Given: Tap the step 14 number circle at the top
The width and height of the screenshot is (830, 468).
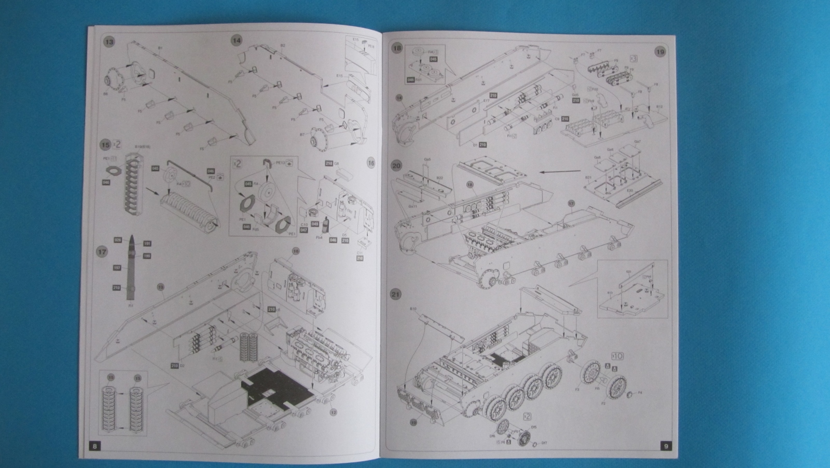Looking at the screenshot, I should coord(237,41).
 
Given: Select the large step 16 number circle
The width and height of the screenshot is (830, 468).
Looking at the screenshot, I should coord(370,163).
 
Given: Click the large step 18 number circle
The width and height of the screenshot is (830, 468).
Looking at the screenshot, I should coord(398,48).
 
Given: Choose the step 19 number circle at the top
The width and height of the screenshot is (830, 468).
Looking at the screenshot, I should coord(660,51).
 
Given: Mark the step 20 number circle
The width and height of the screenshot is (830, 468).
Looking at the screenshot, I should coord(397,166).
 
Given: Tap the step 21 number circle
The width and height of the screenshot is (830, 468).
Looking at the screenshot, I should coord(396,295).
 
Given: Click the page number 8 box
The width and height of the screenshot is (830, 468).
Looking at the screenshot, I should coord(94,446).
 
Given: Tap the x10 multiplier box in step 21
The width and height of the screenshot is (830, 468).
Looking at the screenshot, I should coord(618,356).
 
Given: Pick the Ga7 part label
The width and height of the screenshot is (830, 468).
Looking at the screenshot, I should coord(638,142).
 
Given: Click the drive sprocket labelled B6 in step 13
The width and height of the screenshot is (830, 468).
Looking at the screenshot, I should coord(113,82).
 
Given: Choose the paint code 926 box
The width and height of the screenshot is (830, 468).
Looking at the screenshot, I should coord(118,240).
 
